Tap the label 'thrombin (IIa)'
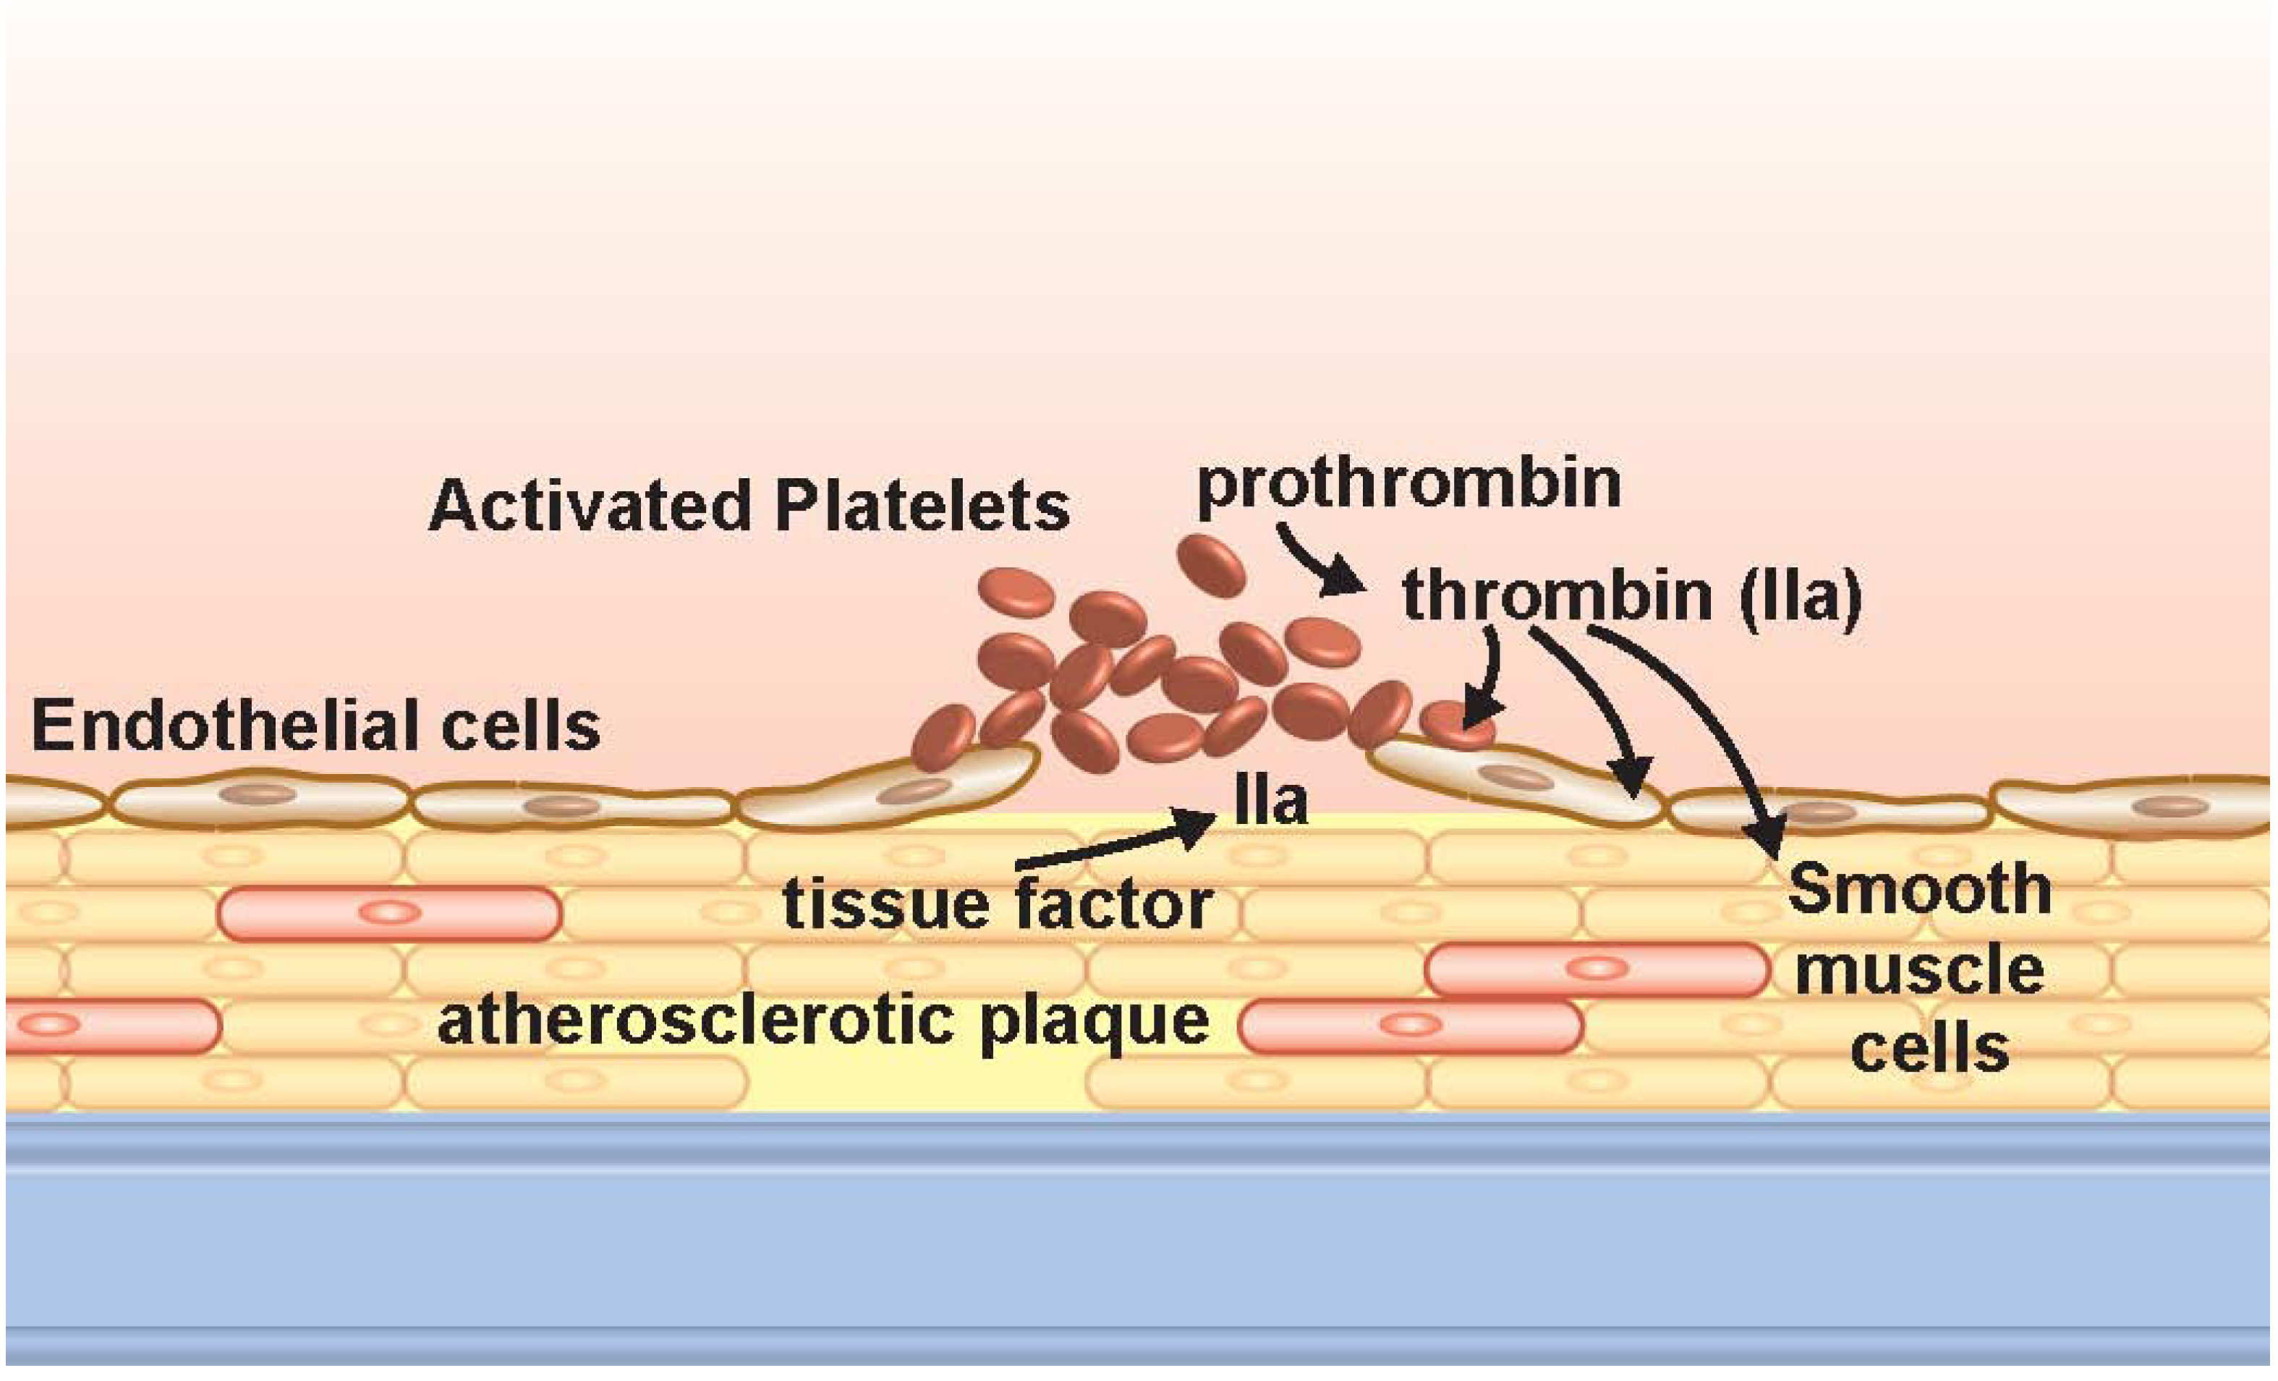point(1632,596)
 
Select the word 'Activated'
point(590,506)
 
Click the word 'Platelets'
point(922,506)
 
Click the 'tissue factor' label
point(997,904)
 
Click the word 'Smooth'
point(1919,889)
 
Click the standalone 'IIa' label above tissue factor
point(1271,802)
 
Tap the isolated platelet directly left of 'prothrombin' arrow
point(1210,566)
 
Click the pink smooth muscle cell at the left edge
point(111,1026)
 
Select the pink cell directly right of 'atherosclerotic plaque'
point(1409,1026)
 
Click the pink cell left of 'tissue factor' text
point(389,913)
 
